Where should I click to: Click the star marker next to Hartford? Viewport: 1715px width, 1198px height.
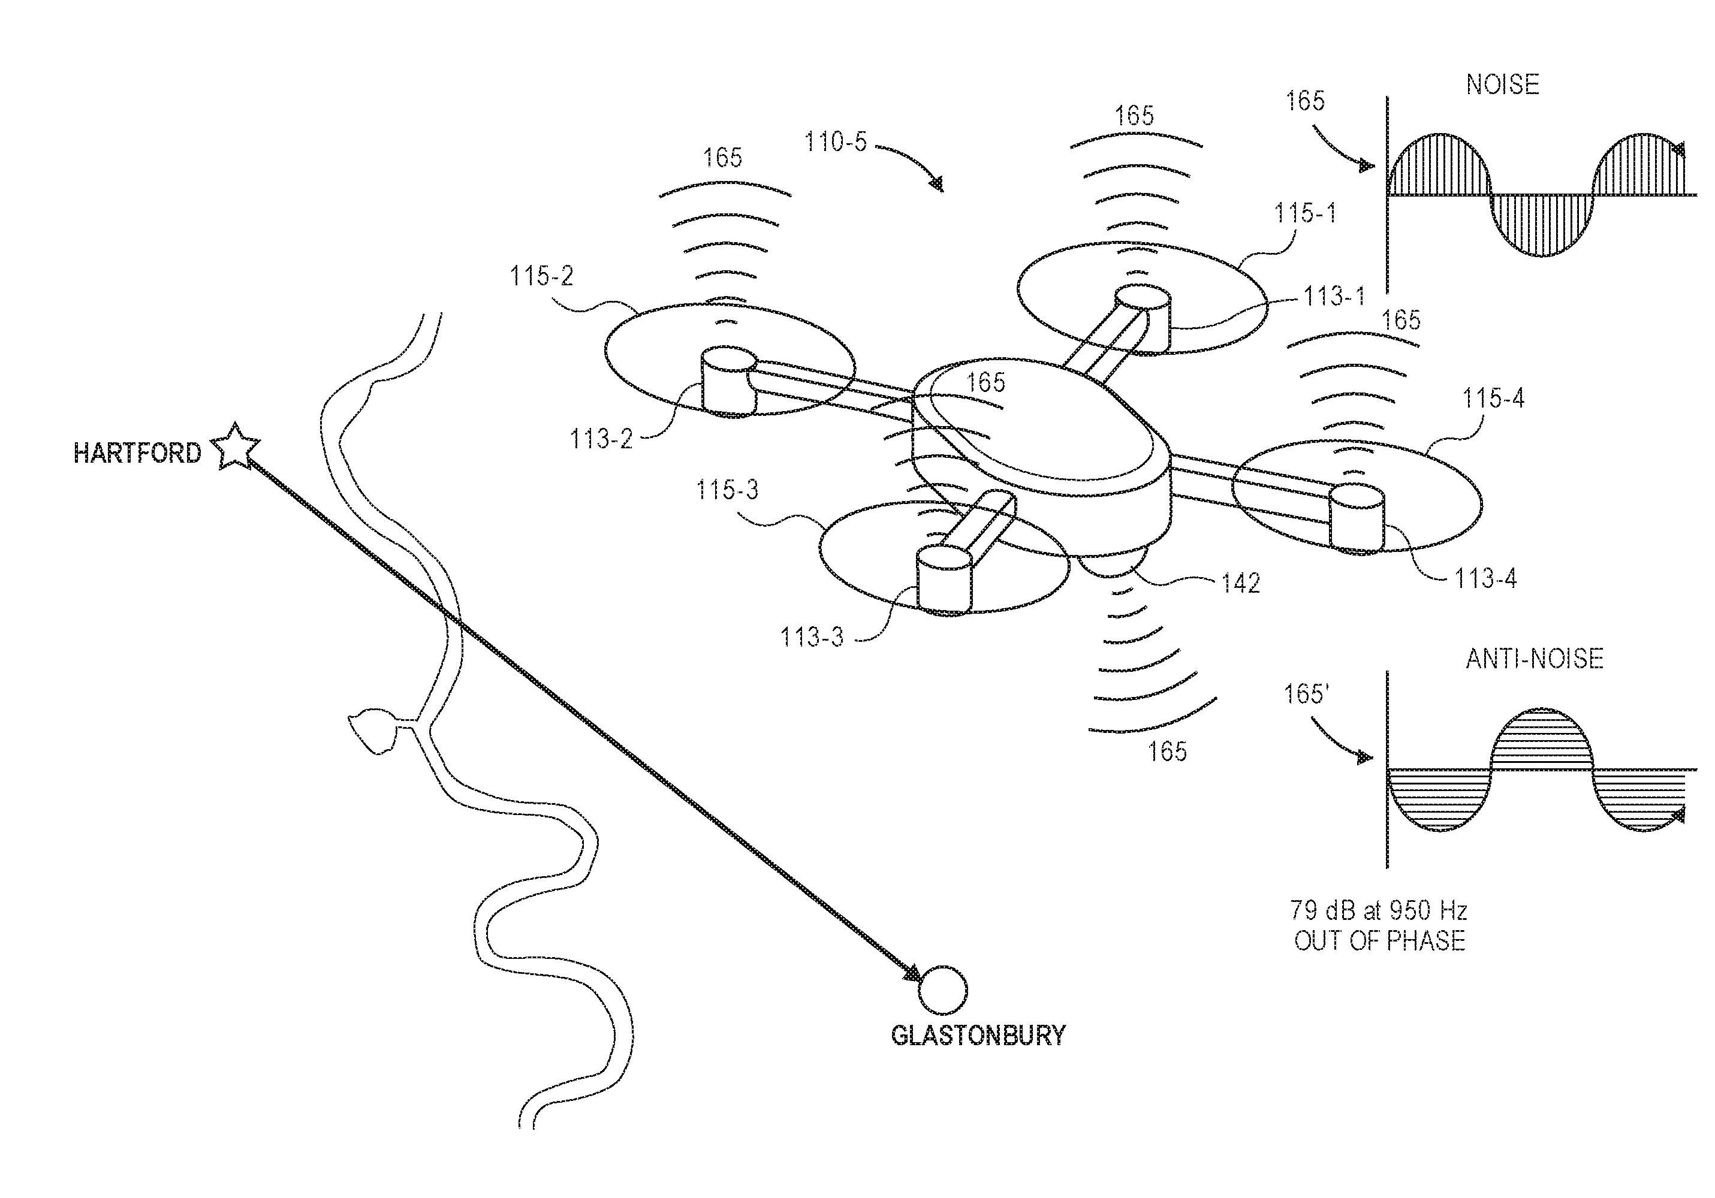(236, 446)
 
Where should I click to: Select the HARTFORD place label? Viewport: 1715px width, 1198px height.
(137, 453)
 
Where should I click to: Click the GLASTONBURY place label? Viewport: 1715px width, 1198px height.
(978, 1035)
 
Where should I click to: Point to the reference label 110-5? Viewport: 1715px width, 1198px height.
(836, 142)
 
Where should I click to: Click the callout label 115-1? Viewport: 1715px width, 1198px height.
(1305, 213)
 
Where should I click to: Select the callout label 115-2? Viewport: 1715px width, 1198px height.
(541, 276)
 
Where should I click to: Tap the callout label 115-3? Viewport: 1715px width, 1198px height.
(728, 490)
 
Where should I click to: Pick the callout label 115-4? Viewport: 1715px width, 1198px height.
(1493, 398)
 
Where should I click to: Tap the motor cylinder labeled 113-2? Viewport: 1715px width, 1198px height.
(729, 381)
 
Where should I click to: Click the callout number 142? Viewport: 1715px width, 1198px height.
(1241, 583)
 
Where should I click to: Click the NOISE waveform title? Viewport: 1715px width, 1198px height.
(1503, 85)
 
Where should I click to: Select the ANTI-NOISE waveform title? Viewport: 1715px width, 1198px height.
(1534, 658)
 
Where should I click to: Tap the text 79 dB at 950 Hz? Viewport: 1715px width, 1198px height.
(1379, 910)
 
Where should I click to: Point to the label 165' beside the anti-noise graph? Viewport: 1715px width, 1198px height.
(1307, 694)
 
